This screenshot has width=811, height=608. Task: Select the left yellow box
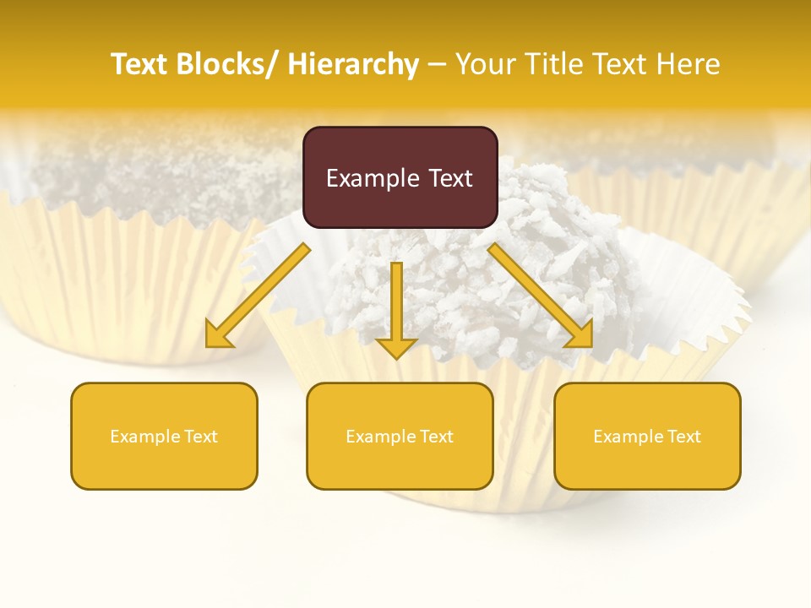pyautogui.click(x=164, y=436)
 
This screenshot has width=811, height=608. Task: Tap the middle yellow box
pyautogui.click(x=400, y=436)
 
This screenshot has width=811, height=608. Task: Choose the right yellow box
pyautogui.click(x=647, y=436)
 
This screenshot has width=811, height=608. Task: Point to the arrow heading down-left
pyautogui.click(x=259, y=296)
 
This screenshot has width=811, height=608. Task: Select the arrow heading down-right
pyautogui.click(x=541, y=296)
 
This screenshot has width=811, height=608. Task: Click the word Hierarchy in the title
pyautogui.click(x=353, y=64)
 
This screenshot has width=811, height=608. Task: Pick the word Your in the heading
pyautogui.click(x=486, y=64)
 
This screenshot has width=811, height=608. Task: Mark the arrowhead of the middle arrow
pyautogui.click(x=396, y=347)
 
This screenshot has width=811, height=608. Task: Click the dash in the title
pyautogui.click(x=437, y=64)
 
